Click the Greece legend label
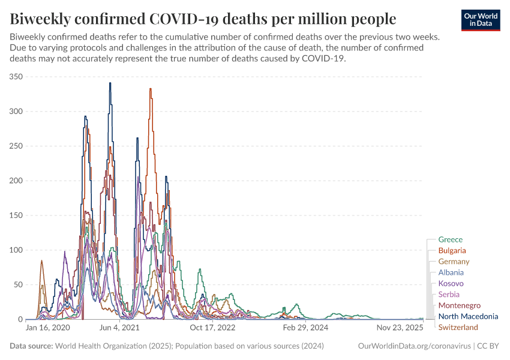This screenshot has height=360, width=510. click(x=450, y=239)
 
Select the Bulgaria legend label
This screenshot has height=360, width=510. click(x=452, y=250)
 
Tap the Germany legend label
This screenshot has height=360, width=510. click(x=454, y=262)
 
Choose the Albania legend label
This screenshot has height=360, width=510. click(x=451, y=272)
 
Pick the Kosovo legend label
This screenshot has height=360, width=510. click(x=451, y=283)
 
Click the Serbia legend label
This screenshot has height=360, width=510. click(x=449, y=294)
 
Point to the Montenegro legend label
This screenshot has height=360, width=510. click(x=459, y=305)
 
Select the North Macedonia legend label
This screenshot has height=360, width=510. click(x=468, y=316)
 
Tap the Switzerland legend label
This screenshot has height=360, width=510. click(x=458, y=327)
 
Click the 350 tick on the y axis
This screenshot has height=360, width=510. click(x=16, y=77)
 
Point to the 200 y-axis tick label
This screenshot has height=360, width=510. click(x=16, y=181)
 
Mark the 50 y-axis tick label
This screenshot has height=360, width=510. click(x=18, y=285)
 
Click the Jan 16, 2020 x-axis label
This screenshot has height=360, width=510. click(x=48, y=328)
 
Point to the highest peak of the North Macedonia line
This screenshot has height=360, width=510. click(x=110, y=83)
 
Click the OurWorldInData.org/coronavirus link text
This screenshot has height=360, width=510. click(x=413, y=346)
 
